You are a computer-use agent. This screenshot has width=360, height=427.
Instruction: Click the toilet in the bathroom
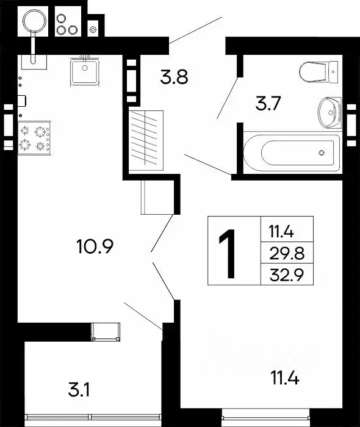click(x=319, y=73)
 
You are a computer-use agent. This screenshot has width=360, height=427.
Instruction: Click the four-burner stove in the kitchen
click(x=34, y=137)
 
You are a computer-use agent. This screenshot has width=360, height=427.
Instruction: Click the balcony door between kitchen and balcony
click(x=106, y=332)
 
